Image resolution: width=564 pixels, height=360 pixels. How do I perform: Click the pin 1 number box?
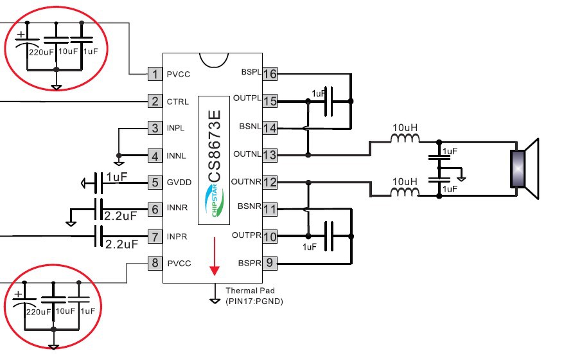(155, 74)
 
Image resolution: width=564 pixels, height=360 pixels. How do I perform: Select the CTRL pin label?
(178, 102)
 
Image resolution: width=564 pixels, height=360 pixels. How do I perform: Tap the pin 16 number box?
(270, 74)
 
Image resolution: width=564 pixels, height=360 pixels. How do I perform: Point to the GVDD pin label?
(179, 183)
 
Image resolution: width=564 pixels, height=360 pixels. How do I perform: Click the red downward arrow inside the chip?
(215, 256)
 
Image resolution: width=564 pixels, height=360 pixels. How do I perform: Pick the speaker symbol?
(525, 168)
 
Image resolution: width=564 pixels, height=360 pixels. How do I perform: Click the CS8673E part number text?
(215, 146)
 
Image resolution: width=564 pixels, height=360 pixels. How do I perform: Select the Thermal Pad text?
(250, 291)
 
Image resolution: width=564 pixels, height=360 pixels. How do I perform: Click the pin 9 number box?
(270, 263)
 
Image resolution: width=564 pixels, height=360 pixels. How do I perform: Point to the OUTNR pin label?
(246, 182)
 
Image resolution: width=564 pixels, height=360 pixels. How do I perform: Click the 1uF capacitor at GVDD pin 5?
(98, 183)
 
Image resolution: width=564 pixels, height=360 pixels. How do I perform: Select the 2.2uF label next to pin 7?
(122, 244)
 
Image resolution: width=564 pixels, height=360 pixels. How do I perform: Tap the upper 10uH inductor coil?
(405, 138)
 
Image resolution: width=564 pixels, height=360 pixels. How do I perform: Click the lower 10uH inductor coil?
(405, 192)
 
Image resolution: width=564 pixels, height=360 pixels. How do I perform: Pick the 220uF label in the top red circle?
(41, 52)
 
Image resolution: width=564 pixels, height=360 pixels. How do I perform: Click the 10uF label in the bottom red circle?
(65, 310)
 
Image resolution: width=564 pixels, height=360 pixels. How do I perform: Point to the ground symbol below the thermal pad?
(215, 301)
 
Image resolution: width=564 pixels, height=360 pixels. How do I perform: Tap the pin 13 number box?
(270, 155)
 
